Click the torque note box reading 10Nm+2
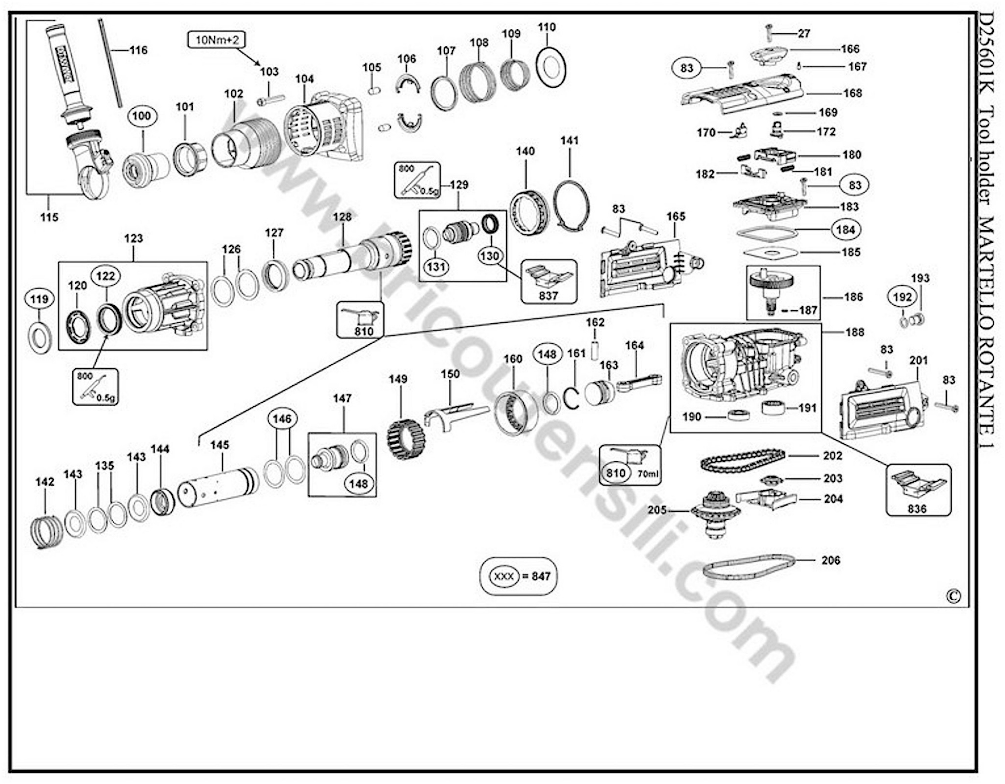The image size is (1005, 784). coord(217,40)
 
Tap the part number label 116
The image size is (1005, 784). coord(138,50)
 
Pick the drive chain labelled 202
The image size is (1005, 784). coord(742,461)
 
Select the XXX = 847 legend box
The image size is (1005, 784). coord(518,576)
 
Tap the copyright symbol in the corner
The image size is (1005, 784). coord(953,596)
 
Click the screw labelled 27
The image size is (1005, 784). coord(769,32)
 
